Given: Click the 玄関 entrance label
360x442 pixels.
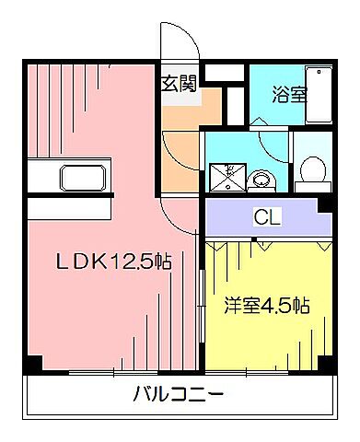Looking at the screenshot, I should click(x=179, y=84).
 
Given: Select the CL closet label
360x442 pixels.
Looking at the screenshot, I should click(x=267, y=218).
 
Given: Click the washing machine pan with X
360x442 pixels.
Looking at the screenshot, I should click(x=225, y=173).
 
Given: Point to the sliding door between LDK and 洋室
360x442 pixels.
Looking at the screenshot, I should click(x=202, y=313).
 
